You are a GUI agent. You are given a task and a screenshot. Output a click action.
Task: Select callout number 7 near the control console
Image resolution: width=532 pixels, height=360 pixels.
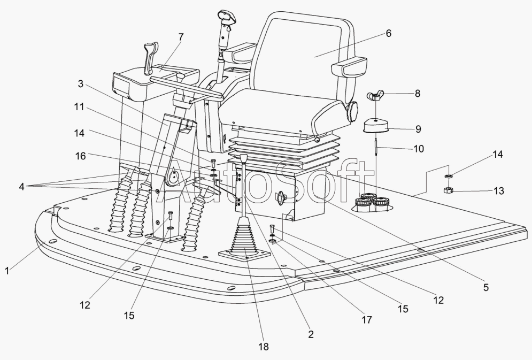point(181,36)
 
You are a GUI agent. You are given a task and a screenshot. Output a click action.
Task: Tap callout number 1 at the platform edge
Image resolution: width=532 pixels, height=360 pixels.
point(7,271)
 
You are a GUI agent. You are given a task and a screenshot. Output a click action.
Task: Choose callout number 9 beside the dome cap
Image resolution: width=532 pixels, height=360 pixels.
point(418,129)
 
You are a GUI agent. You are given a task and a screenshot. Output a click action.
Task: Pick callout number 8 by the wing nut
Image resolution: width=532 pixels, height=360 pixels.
point(418,93)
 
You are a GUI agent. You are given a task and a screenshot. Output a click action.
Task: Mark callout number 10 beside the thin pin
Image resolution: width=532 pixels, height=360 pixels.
point(418,149)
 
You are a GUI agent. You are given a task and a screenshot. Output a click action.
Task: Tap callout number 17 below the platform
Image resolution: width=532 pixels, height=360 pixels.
point(366,319)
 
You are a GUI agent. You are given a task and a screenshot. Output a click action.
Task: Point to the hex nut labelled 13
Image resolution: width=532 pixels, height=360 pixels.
point(449,190)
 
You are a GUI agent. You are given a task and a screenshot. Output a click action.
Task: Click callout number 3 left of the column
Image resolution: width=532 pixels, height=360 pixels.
point(80,84)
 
